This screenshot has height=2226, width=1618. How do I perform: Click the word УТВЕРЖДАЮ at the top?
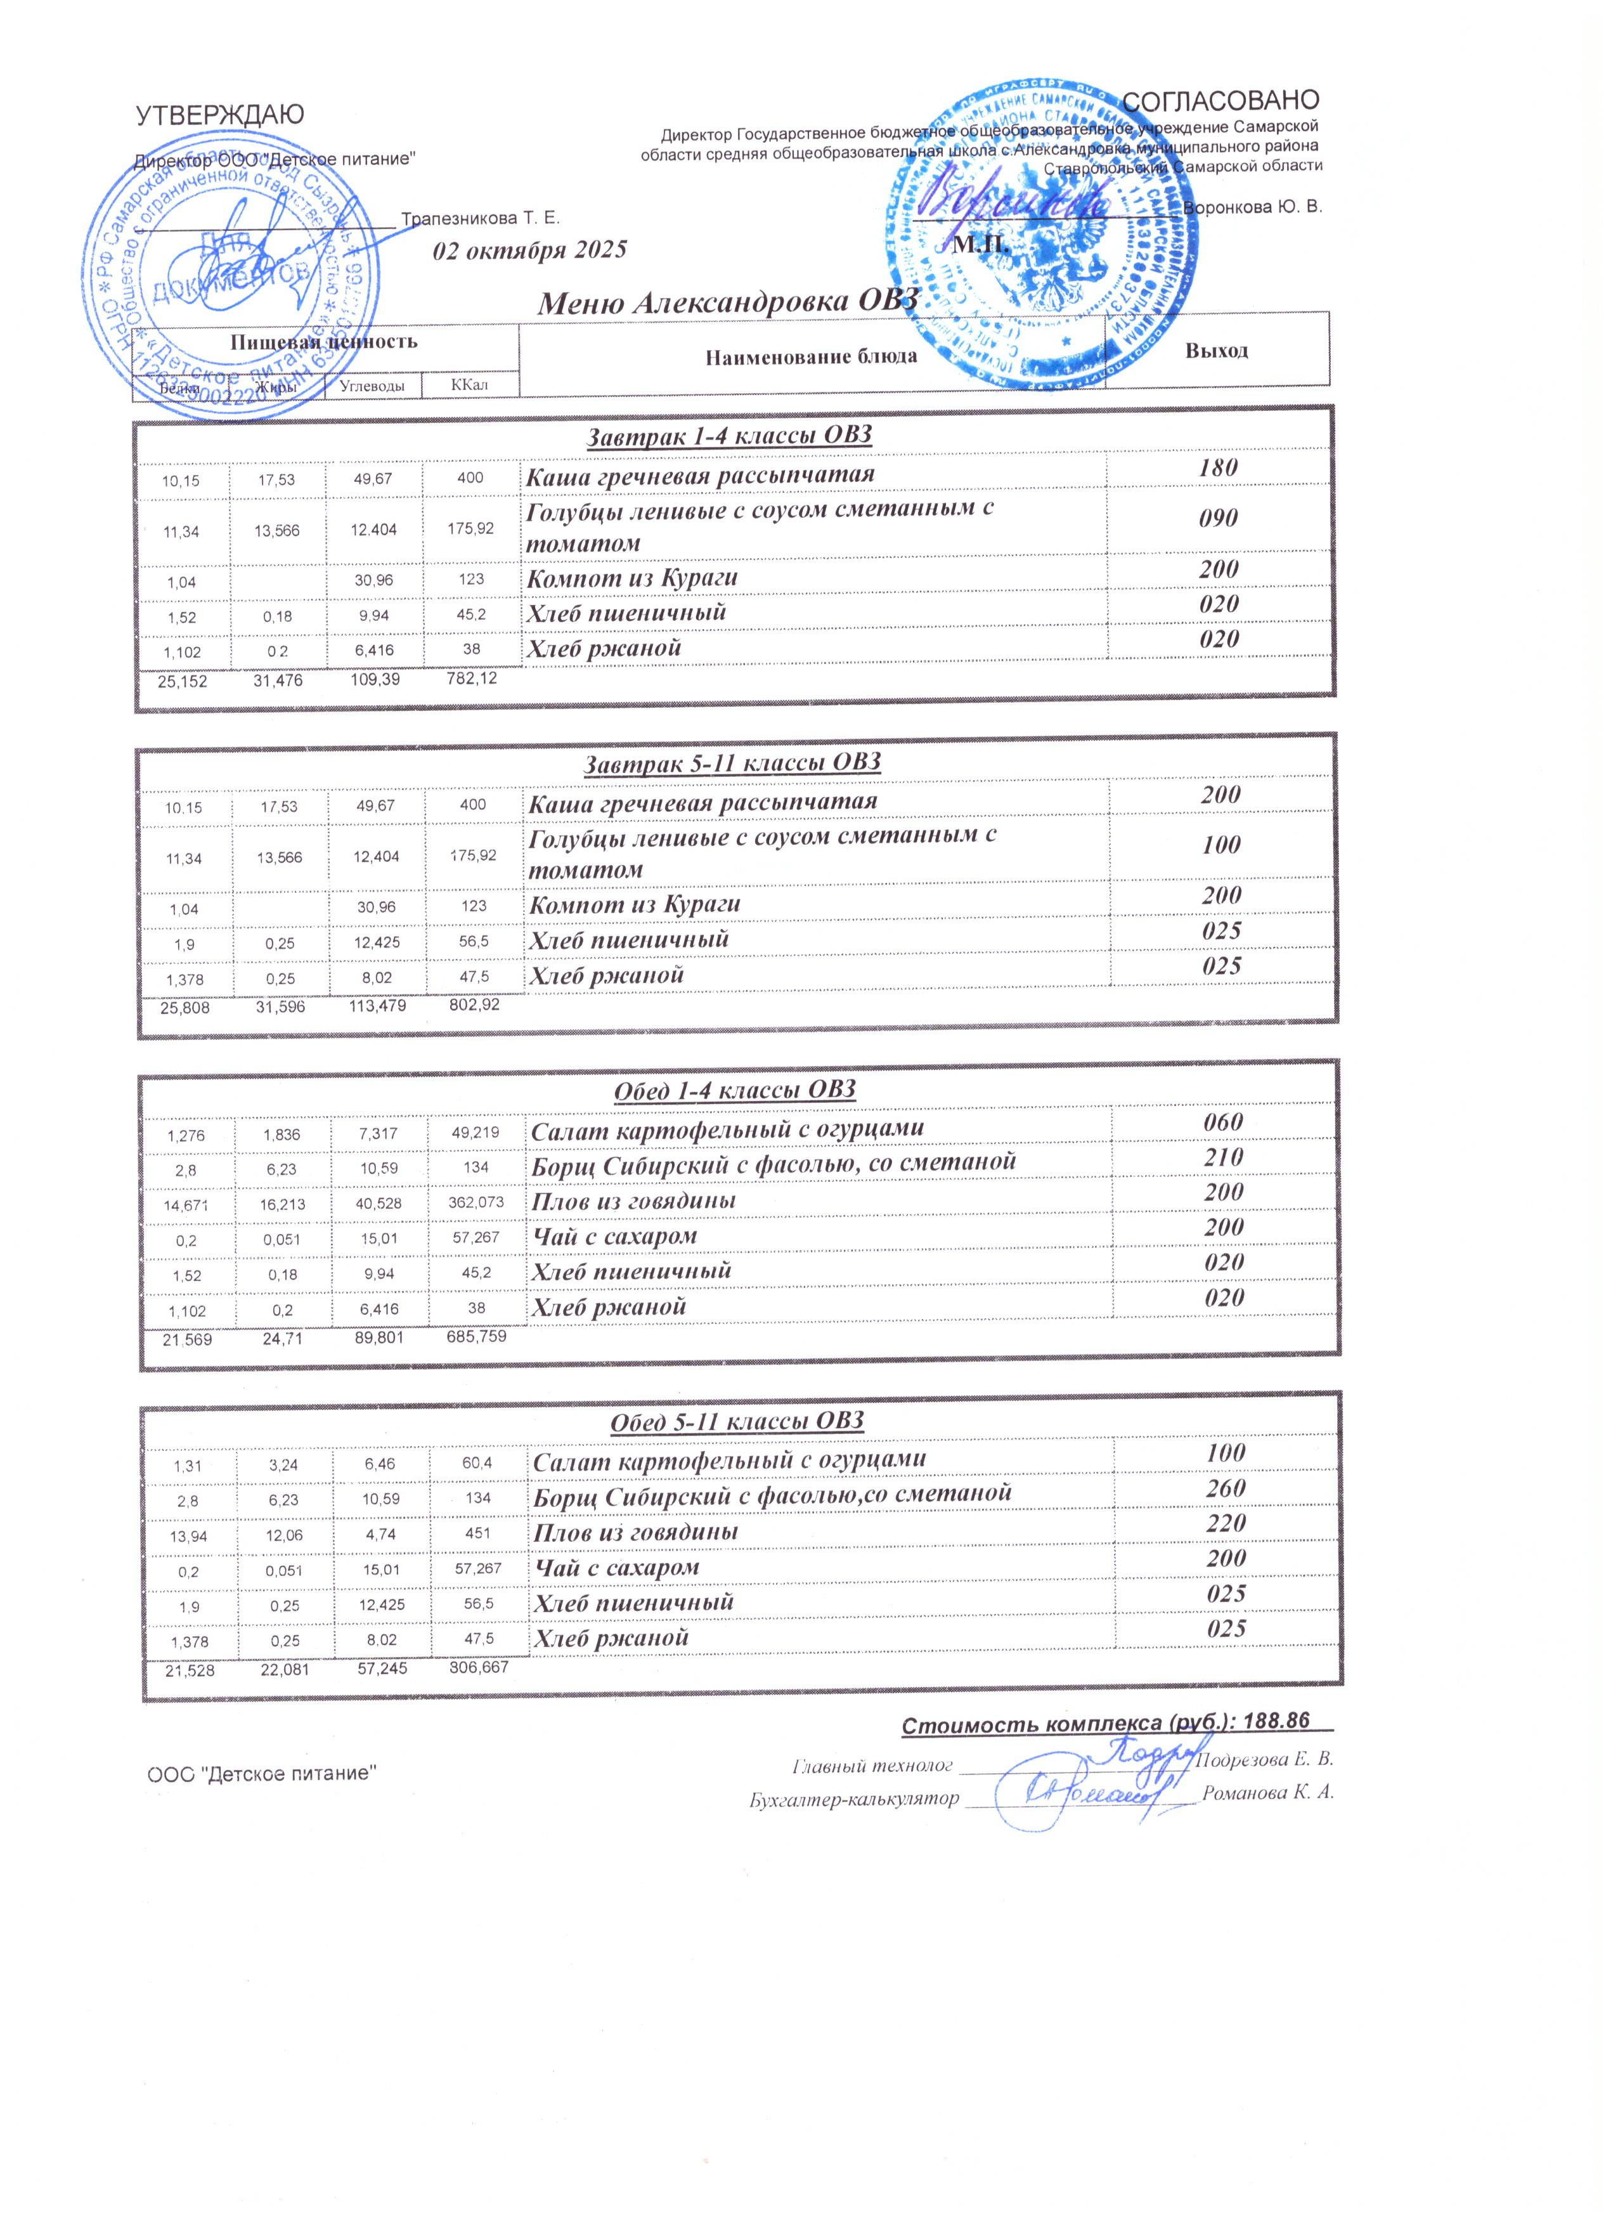[220, 115]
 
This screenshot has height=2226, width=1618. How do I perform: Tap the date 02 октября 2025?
[530, 249]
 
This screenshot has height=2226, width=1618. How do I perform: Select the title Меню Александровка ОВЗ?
[728, 303]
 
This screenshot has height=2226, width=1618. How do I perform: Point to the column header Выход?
[1217, 350]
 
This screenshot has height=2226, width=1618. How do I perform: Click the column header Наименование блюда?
[810, 356]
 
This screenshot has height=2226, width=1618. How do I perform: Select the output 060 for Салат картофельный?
[1224, 1123]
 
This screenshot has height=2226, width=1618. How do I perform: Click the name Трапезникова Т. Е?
[481, 218]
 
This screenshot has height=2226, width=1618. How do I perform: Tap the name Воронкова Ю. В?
[1253, 207]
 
